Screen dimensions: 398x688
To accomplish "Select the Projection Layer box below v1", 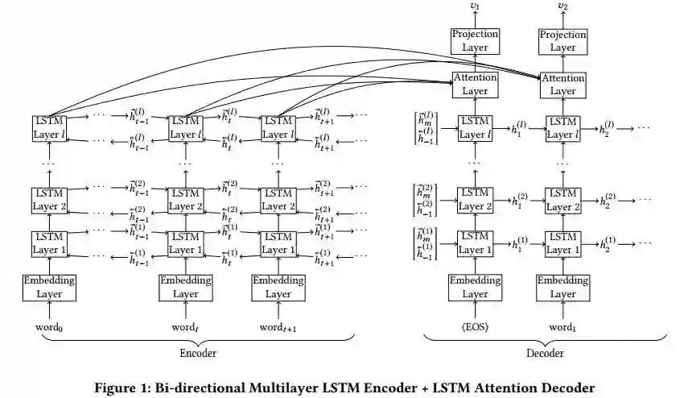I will tap(475, 41).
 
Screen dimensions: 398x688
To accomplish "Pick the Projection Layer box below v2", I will tap(562, 41).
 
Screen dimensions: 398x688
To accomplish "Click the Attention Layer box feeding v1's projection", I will tap(475, 84).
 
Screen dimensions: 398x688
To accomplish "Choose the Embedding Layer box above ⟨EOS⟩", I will tap(475, 288).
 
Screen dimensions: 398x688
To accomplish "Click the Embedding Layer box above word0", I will tap(48, 288).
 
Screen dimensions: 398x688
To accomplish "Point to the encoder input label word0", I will tap(48, 328).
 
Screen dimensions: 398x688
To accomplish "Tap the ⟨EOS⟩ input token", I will tap(475, 328).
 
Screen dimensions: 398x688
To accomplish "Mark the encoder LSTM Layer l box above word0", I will tap(48, 126).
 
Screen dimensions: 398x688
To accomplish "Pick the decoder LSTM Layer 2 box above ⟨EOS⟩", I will tap(475, 200).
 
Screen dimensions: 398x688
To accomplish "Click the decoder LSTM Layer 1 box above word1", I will tap(562, 243).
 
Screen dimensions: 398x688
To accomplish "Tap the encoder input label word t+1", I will tap(278, 328).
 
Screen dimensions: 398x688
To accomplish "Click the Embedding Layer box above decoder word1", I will tap(562, 288).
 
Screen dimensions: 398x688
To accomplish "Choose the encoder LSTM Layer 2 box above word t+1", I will tap(278, 200).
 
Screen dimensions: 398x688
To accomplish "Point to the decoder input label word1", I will tap(562, 328).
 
